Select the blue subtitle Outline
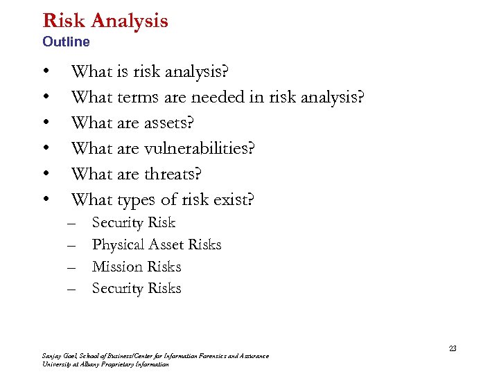click(66, 42)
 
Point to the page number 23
click(453, 348)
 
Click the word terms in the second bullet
click(141, 98)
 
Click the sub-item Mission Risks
click(137, 267)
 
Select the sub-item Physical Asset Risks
click(157, 244)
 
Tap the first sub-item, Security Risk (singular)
click(134, 223)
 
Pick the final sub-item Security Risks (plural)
click(137, 289)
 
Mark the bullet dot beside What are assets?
click(46, 123)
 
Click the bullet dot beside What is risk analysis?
click(46, 72)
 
